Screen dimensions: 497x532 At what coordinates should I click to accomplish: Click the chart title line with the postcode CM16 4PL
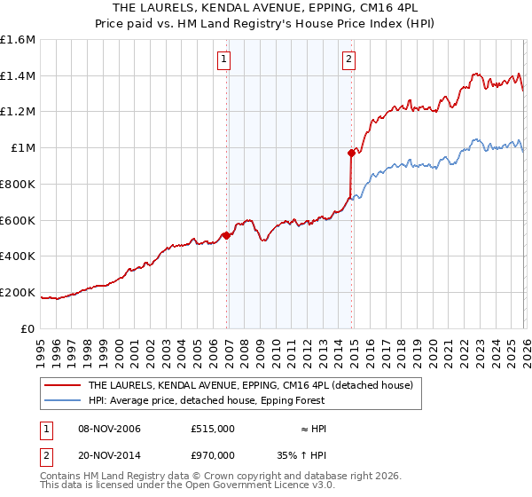click(x=265, y=8)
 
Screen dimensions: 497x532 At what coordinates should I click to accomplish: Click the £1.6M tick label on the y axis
click(x=18, y=40)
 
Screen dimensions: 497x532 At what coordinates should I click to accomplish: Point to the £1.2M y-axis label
click(x=18, y=112)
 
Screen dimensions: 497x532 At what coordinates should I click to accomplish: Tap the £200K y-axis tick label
click(x=18, y=292)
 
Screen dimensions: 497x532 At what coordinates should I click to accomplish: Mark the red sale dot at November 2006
click(x=226, y=235)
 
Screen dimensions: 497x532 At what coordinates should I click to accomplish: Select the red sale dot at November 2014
click(x=352, y=154)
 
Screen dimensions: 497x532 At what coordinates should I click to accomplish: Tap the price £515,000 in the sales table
click(x=212, y=429)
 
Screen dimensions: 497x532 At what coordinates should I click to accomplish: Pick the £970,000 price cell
click(x=212, y=454)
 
